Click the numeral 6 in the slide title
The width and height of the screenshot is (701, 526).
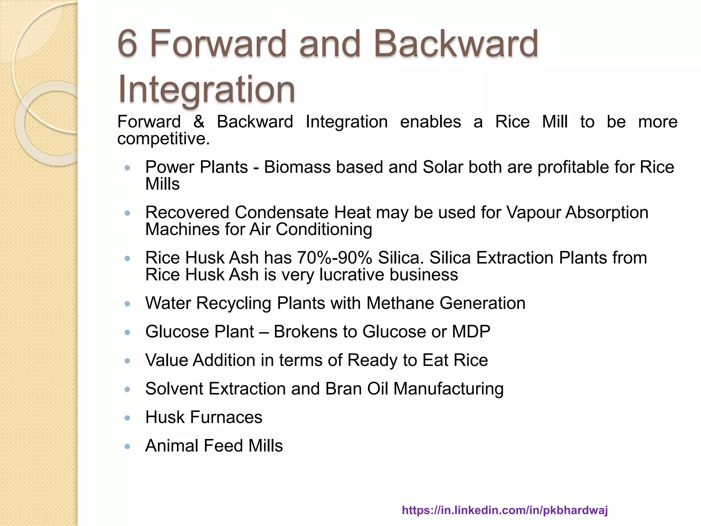click(x=127, y=44)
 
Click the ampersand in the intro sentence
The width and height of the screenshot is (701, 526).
click(x=199, y=122)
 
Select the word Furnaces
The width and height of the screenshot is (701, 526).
click(x=226, y=417)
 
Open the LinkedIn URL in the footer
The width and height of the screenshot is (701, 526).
click(x=505, y=510)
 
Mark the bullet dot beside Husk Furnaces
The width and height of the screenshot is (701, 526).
click(x=128, y=418)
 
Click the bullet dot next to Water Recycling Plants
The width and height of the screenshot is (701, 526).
click(x=128, y=304)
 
